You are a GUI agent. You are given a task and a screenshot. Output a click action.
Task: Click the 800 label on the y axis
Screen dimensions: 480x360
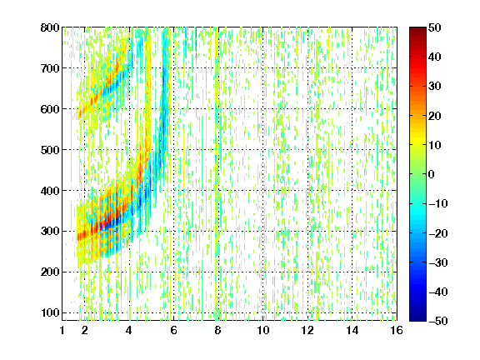click(x=50, y=27)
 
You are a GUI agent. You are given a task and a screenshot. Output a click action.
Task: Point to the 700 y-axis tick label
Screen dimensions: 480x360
click(x=50, y=68)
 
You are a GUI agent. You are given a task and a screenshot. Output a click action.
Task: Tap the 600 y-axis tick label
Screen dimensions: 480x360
click(x=50, y=109)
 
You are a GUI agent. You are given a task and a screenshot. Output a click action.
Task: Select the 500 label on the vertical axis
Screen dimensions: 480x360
click(x=50, y=150)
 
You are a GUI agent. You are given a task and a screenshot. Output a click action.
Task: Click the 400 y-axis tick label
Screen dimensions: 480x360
click(x=50, y=191)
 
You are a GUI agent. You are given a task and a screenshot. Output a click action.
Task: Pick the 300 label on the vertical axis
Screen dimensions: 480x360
click(x=50, y=232)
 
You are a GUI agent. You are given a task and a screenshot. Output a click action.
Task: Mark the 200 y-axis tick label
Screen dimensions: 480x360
click(x=50, y=272)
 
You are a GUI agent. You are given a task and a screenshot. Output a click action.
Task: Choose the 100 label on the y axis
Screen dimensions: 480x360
click(x=50, y=312)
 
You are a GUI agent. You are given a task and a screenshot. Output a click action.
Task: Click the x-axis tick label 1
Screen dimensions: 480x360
click(x=62, y=330)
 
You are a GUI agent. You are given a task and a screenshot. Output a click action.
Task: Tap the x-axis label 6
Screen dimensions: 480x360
click(x=174, y=330)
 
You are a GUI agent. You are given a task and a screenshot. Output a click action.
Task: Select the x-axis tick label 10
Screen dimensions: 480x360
click(x=263, y=330)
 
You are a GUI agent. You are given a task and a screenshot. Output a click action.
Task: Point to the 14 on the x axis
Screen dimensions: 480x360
click(x=352, y=330)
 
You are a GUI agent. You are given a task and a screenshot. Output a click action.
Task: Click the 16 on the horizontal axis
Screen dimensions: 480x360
click(x=397, y=330)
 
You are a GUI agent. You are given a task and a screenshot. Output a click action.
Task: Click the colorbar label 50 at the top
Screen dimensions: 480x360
click(x=435, y=27)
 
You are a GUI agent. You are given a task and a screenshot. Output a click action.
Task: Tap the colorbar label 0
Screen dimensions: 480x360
click(x=432, y=174)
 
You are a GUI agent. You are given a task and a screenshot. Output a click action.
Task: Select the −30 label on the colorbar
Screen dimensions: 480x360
click(x=438, y=262)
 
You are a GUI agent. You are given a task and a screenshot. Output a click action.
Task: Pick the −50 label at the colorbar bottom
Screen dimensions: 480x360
click(x=438, y=321)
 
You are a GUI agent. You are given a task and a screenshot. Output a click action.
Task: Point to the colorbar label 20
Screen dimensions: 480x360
click(x=435, y=116)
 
